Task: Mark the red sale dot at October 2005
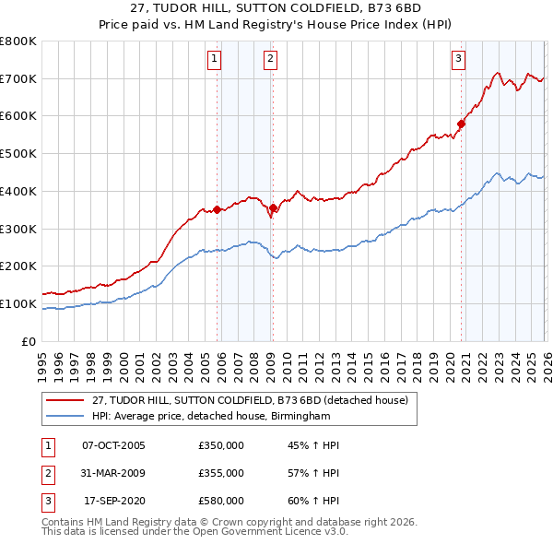point(218,209)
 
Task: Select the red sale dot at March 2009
point(273,208)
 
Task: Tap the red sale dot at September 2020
point(461,124)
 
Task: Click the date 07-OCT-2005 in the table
point(113,445)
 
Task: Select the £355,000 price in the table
point(221,473)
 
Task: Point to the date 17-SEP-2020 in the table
point(113,501)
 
